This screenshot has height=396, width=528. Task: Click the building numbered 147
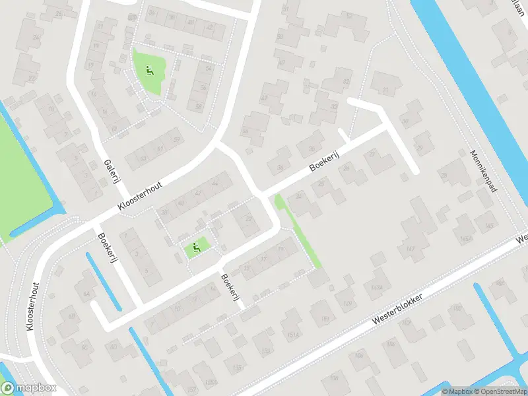pyautogui.click(x=410, y=249)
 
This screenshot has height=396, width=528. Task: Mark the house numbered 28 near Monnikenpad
pyautogui.click(x=444, y=176)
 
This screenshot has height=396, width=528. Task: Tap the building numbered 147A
pyautogui.click(x=377, y=288)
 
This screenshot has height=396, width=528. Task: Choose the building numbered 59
pyautogui.click(x=176, y=139)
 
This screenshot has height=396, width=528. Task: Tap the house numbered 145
pyautogui.click(x=489, y=227)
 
